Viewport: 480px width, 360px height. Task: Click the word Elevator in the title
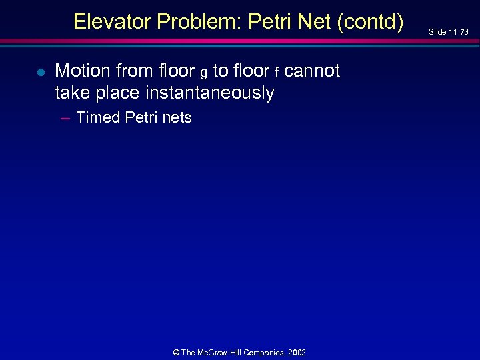pyautogui.click(x=112, y=22)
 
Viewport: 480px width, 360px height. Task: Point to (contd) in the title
pyautogui.click(x=371, y=23)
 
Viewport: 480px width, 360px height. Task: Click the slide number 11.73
pyautogui.click(x=459, y=32)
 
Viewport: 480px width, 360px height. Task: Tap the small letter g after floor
pyautogui.click(x=203, y=73)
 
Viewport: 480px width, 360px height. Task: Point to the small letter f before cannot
pyautogui.click(x=277, y=72)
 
